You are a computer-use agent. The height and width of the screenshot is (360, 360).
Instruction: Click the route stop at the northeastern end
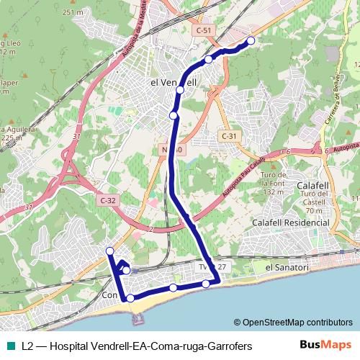[x=251, y=41]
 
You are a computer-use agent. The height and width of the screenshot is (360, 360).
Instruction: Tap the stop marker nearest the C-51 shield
[x=208, y=60]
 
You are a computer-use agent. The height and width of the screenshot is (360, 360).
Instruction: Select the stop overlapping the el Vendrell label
[x=180, y=91]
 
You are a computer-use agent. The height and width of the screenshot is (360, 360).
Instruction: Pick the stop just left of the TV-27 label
[x=206, y=284]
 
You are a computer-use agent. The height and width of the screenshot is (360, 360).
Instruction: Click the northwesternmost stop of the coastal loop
[x=110, y=251]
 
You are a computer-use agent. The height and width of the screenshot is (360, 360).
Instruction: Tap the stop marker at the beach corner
[x=130, y=298]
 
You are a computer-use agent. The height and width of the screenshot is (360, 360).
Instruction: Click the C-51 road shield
[x=204, y=30]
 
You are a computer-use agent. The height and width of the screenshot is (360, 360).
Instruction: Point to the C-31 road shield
[x=228, y=136]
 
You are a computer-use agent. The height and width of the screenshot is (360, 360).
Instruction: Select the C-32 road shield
[x=107, y=200]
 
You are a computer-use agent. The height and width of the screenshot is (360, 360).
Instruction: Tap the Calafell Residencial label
[x=290, y=223]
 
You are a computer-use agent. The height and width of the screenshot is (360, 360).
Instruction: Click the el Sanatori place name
[x=287, y=268]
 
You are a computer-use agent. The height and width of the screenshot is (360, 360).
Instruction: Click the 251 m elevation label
[x=73, y=13]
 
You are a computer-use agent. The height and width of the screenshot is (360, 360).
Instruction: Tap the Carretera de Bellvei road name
[x=333, y=102]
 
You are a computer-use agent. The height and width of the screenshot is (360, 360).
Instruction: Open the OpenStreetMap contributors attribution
[x=293, y=323]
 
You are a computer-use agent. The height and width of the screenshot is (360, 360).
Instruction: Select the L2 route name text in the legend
[x=137, y=346]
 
